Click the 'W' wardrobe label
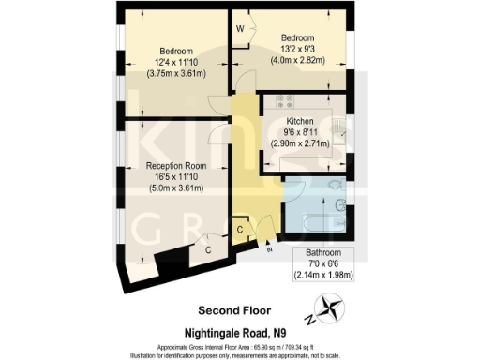[240, 30]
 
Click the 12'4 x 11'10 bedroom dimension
[176, 64]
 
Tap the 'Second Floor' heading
[233, 309]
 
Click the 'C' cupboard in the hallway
[241, 230]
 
